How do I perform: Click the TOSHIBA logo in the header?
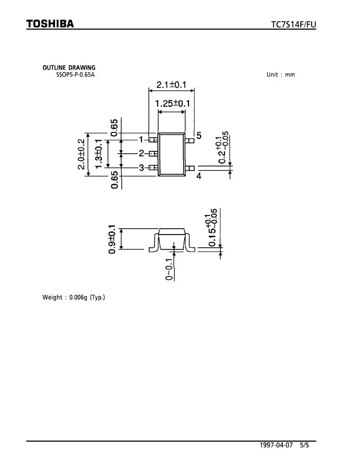point(50,24)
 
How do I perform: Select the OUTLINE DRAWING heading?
point(69,68)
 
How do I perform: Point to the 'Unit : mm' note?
point(281,75)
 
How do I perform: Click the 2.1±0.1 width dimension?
point(171,85)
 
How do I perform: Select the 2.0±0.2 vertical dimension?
point(81,154)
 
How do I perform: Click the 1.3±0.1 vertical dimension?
point(98,154)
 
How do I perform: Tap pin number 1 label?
point(141,139)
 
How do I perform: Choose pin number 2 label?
point(141,154)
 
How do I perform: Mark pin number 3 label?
point(141,168)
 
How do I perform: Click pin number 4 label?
point(199,176)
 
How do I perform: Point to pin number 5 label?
point(199,136)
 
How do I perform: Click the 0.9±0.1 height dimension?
point(112,239)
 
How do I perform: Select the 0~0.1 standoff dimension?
point(169,268)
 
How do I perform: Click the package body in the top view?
point(172,154)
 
